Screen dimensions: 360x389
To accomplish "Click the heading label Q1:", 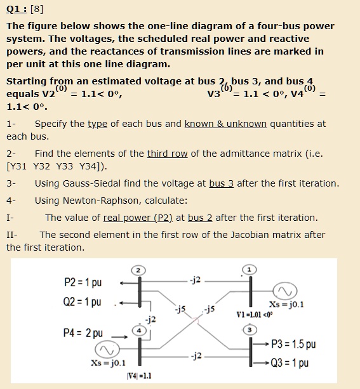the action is click(x=15, y=10).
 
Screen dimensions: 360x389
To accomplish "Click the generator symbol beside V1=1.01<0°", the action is click(x=283, y=291).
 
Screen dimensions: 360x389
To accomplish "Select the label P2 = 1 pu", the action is click(x=83, y=282).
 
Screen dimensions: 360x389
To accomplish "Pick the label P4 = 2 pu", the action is click(x=83, y=333).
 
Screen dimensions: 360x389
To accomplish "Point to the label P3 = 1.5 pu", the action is click(x=293, y=345).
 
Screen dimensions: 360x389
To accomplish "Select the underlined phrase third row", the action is click(x=168, y=154).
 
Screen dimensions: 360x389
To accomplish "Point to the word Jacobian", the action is click(x=235, y=235).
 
